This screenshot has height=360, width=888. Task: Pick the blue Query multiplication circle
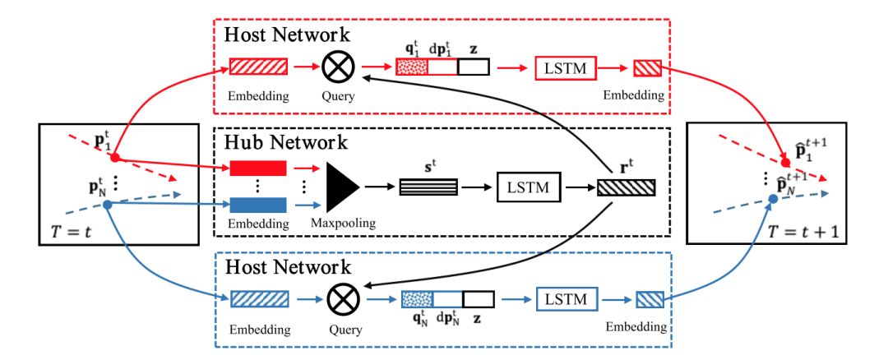pos(337,299)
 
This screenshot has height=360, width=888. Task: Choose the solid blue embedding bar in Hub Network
pos(258,205)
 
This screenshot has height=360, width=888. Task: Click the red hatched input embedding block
pos(258,67)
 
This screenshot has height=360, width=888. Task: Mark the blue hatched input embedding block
pos(258,299)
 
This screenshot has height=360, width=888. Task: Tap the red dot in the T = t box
pos(117,157)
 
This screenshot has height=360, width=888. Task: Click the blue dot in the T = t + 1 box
pos(773,199)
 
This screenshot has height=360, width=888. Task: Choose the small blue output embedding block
pos(646,299)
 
